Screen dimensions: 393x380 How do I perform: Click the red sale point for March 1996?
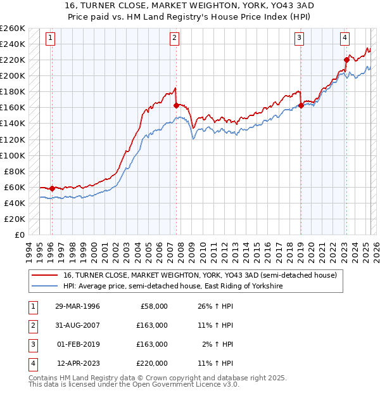coord(52,188)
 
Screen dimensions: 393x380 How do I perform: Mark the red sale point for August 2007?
coord(175,105)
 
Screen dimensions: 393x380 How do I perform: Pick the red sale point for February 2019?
coord(301,105)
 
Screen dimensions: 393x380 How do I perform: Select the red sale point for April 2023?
coord(346,60)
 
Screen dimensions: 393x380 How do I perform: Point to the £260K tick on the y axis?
coord(13,29)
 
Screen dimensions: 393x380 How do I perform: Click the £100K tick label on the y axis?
coord(13,155)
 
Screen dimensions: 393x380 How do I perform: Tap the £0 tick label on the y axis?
coord(20,235)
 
